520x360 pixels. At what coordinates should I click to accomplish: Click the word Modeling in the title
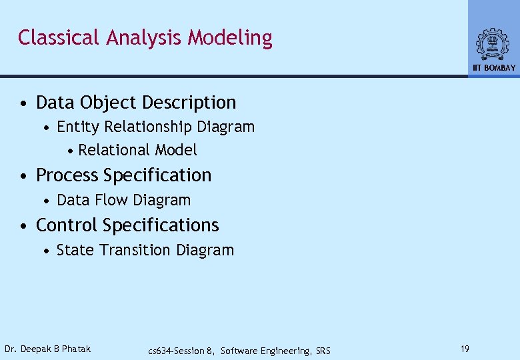230,39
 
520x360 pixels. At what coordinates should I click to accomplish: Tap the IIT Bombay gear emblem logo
493,45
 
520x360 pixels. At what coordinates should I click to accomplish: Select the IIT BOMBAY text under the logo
494,68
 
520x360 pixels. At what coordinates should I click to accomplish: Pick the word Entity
76,127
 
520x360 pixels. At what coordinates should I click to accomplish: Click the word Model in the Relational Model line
176,151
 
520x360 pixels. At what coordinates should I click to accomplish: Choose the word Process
67,175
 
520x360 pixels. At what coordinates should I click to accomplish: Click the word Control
66,225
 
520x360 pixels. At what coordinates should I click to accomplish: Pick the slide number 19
465,349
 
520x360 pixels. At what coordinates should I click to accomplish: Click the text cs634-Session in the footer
176,351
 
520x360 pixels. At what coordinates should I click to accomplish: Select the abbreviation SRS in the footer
322,351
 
